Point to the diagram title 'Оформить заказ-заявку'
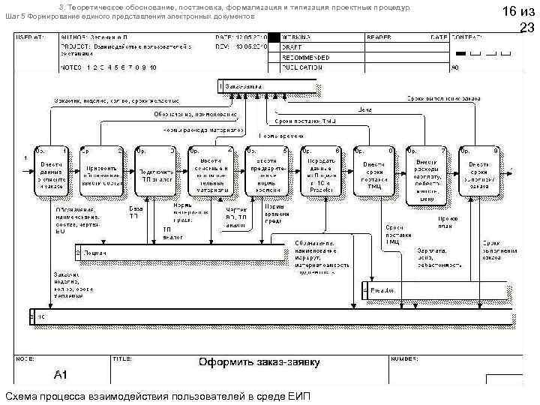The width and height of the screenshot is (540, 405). point(259,363)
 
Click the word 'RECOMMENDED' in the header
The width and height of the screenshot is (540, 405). point(304,57)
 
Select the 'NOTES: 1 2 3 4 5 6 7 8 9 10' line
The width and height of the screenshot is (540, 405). point(109,67)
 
